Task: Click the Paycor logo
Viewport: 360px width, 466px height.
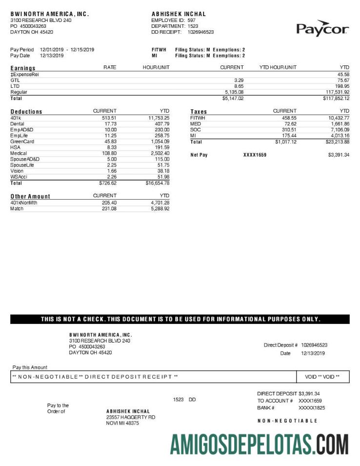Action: click(322, 29)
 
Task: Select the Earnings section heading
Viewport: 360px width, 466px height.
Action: click(23, 68)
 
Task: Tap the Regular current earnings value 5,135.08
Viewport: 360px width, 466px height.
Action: click(234, 92)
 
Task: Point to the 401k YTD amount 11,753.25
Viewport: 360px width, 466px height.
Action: click(159, 118)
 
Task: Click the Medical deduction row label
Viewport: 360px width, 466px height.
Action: click(19, 153)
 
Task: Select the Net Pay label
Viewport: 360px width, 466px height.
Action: click(199, 155)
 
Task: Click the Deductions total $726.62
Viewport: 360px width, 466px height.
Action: click(107, 183)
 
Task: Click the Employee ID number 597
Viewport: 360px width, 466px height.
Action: click(192, 20)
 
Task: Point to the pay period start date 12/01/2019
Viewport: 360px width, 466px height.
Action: click(52, 50)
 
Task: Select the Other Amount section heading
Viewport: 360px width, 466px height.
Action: click(30, 196)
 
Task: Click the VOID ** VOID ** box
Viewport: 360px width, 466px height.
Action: click(323, 377)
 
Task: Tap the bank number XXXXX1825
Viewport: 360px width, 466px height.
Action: click(312, 407)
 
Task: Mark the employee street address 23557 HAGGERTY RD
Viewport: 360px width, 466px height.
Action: click(130, 417)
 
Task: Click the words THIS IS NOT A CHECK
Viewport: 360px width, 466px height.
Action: click(73, 319)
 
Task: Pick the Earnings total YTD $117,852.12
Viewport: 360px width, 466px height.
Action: click(333, 98)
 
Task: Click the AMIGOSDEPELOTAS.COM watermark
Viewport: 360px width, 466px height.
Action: click(259, 444)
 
